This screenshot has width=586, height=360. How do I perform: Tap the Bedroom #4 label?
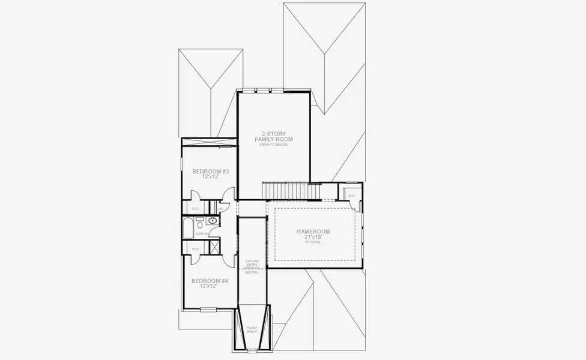[x=205, y=281]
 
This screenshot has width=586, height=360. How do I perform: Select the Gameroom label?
[x=313, y=232]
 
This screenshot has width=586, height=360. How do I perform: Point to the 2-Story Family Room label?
[x=273, y=136]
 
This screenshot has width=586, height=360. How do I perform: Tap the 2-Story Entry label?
[x=252, y=265]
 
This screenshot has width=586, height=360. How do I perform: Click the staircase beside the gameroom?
[x=292, y=191]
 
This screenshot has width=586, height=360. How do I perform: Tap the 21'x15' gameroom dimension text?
[x=313, y=238]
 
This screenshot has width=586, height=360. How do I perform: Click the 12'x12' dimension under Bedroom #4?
[x=205, y=287]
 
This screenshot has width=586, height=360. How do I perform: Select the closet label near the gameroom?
[x=351, y=196]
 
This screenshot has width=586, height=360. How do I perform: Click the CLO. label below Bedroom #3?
[x=196, y=208]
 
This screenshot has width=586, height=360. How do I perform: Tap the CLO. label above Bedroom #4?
[x=195, y=248]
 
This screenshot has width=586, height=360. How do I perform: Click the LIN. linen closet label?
[x=220, y=208]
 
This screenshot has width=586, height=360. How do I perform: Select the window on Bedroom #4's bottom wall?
[x=208, y=310]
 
